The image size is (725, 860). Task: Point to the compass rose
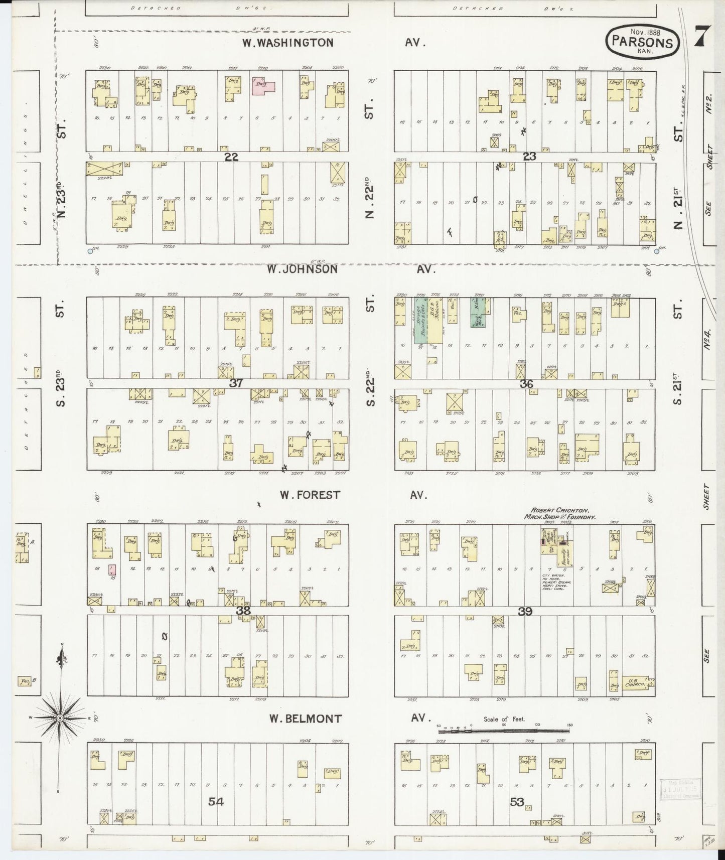pyautogui.click(x=60, y=718)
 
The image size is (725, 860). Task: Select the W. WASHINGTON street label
pyautogui.click(x=288, y=43)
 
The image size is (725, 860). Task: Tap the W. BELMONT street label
pyautogui.click(x=305, y=719)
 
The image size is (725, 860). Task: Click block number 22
pyautogui.click(x=231, y=157)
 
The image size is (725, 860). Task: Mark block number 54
pyautogui.click(x=216, y=802)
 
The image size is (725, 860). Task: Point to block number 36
pyautogui.click(x=526, y=384)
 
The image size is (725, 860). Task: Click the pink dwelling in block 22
pyautogui.click(x=263, y=84)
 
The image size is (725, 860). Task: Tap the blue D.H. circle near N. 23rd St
pyautogui.click(x=90, y=251)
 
